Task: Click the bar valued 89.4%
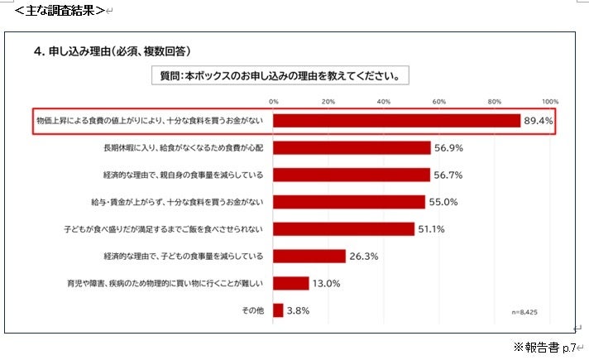coord(397,121)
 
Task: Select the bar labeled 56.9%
coord(352,147)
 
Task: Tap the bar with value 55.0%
coord(349,202)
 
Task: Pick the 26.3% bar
coord(309,256)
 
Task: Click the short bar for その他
coord(278,310)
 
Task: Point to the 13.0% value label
coord(326,283)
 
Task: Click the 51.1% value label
coord(431,229)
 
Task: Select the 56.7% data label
coord(448,175)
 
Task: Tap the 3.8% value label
coord(299,311)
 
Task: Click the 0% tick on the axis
coord(274,102)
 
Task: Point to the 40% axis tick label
coord(384,102)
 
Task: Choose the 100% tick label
coord(550,102)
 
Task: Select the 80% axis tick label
coord(495,102)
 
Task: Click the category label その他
coord(253,310)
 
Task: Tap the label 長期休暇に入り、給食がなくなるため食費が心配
coord(184,147)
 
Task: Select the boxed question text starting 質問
coord(280,75)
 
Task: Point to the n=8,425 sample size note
coord(524,312)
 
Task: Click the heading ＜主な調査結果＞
coord(60,10)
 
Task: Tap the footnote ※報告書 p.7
coord(545,348)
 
